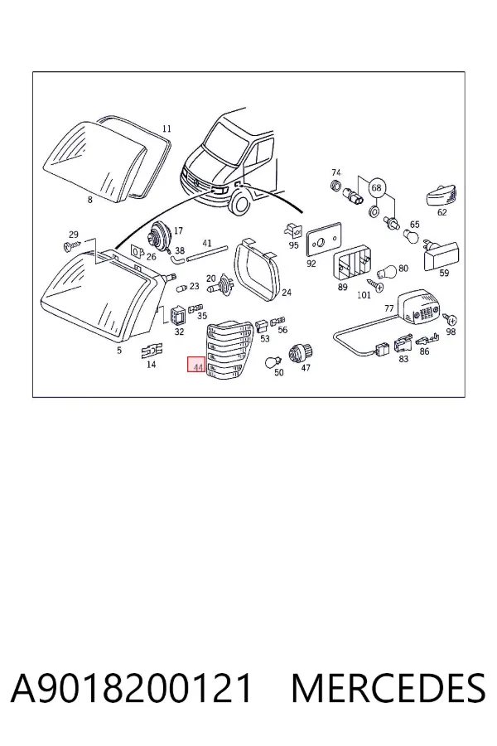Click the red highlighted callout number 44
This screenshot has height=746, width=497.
pyautogui.click(x=196, y=365)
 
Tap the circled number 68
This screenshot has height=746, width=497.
pyautogui.click(x=376, y=187)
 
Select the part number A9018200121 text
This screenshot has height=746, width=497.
pyautogui.click(x=131, y=688)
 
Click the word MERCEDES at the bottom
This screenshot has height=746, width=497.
pyautogui.click(x=388, y=688)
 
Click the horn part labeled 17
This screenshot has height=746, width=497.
pyautogui.click(x=160, y=235)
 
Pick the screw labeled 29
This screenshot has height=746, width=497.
pyautogui.click(x=72, y=246)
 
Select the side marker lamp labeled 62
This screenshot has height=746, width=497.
pyautogui.click(x=442, y=196)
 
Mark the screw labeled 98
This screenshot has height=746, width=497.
pyautogui.click(x=450, y=319)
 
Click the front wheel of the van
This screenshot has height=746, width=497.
pyautogui.click(x=239, y=202)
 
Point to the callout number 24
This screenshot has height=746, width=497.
pyautogui.click(x=287, y=293)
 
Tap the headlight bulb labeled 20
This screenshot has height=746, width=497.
pyautogui.click(x=219, y=288)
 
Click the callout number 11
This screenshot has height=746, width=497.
pyautogui.click(x=166, y=128)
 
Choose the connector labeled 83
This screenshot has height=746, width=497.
pyautogui.click(x=403, y=345)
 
